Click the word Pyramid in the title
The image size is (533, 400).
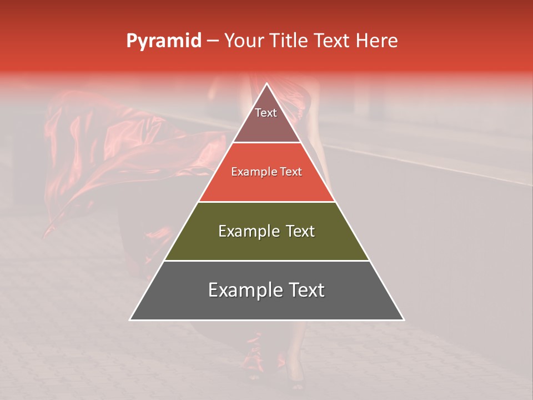(163, 41)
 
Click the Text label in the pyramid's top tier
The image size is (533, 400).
(266, 113)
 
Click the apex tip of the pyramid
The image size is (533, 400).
(266, 84)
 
